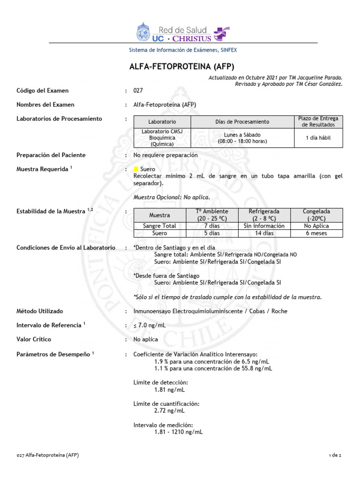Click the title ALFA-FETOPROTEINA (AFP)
click(181, 66)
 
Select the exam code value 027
click(138, 90)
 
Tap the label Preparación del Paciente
click(51, 155)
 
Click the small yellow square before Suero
click(136, 169)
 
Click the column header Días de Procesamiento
click(242, 122)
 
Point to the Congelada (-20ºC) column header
click(316, 215)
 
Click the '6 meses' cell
click(316, 233)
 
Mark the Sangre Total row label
click(159, 226)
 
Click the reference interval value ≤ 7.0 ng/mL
click(150, 325)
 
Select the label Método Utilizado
click(40, 311)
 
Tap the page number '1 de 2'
click(336, 455)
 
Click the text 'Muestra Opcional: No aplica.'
click(172, 197)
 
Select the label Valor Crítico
click(34, 339)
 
